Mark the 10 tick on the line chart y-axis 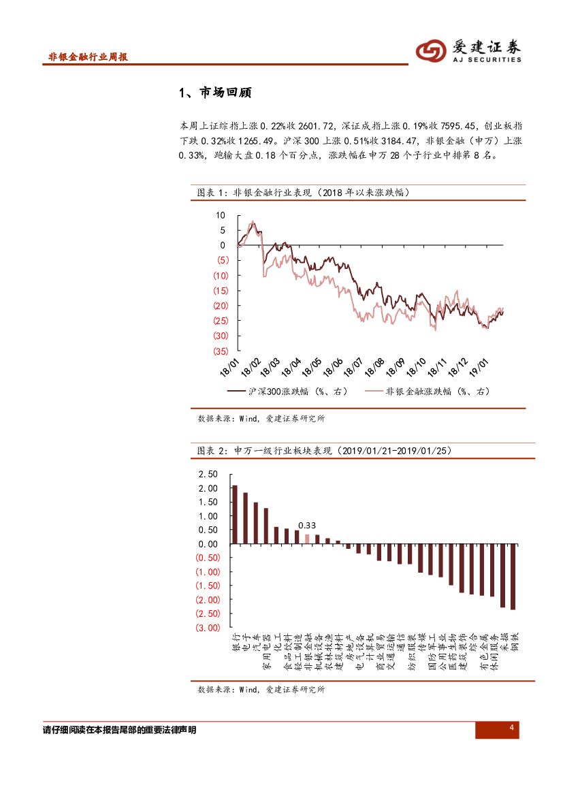tap(220, 215)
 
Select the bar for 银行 tap(235, 514)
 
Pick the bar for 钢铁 tap(513, 576)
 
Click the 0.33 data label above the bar tap(308, 525)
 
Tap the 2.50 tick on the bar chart tap(208, 474)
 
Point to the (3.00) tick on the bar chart tap(207, 628)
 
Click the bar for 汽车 tap(255, 523)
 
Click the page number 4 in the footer tap(511, 729)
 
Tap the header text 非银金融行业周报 tap(89, 57)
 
